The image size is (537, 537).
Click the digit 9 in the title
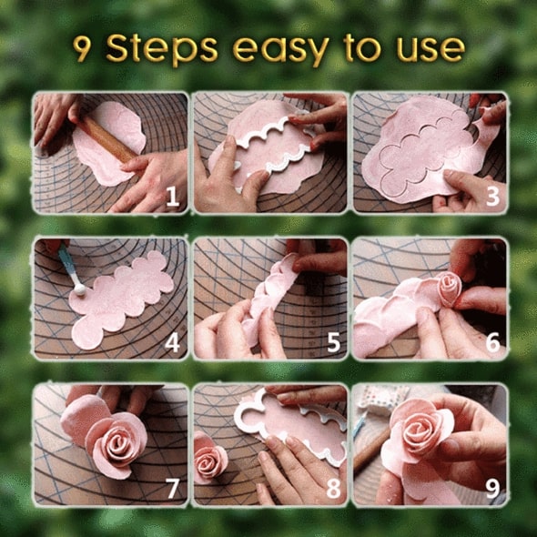click(x=83, y=49)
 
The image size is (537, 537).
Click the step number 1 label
click(x=172, y=197)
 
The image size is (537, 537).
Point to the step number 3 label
click(x=492, y=197)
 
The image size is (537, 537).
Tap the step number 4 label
click(x=172, y=342)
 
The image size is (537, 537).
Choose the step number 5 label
click(x=333, y=342)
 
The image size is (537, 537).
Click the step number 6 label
click(x=492, y=342)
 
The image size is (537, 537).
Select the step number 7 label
click(x=173, y=488)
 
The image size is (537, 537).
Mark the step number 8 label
click(x=333, y=488)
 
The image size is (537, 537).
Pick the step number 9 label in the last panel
click(x=492, y=488)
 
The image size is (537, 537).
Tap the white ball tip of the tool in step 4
click(x=80, y=290)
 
